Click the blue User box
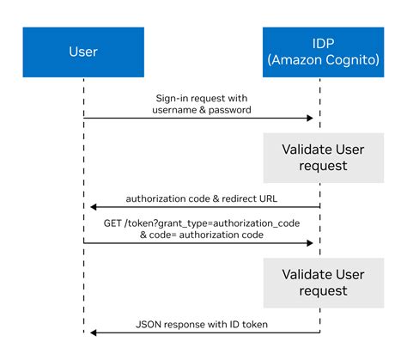tap(84, 51)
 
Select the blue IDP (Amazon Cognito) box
tap(319, 51)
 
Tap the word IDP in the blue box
tap(319, 41)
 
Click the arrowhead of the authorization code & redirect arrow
tap(90, 206)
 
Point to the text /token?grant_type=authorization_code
tap(203, 222)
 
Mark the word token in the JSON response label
tap(254, 324)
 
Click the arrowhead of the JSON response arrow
tap(90, 332)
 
